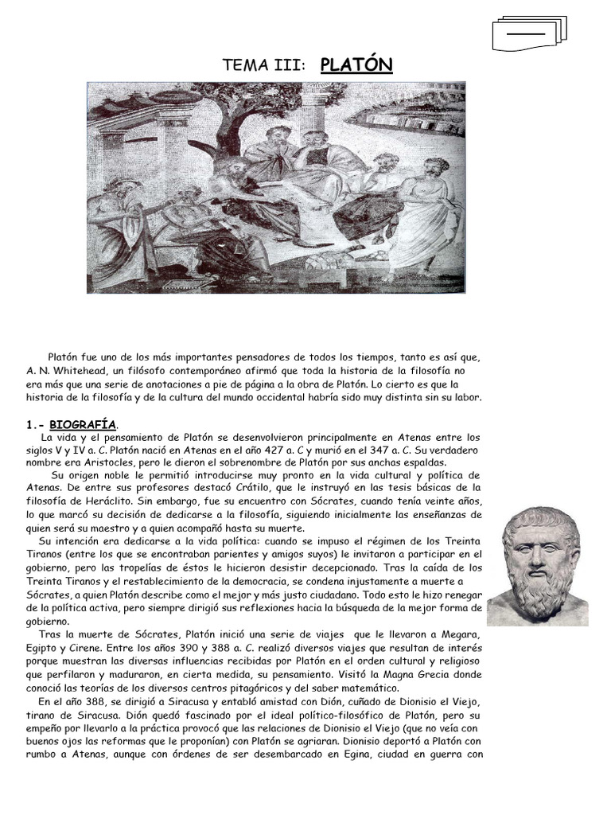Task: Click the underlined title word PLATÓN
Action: click(x=356, y=64)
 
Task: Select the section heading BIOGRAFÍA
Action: click(x=83, y=425)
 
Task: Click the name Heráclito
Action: click(x=104, y=501)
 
